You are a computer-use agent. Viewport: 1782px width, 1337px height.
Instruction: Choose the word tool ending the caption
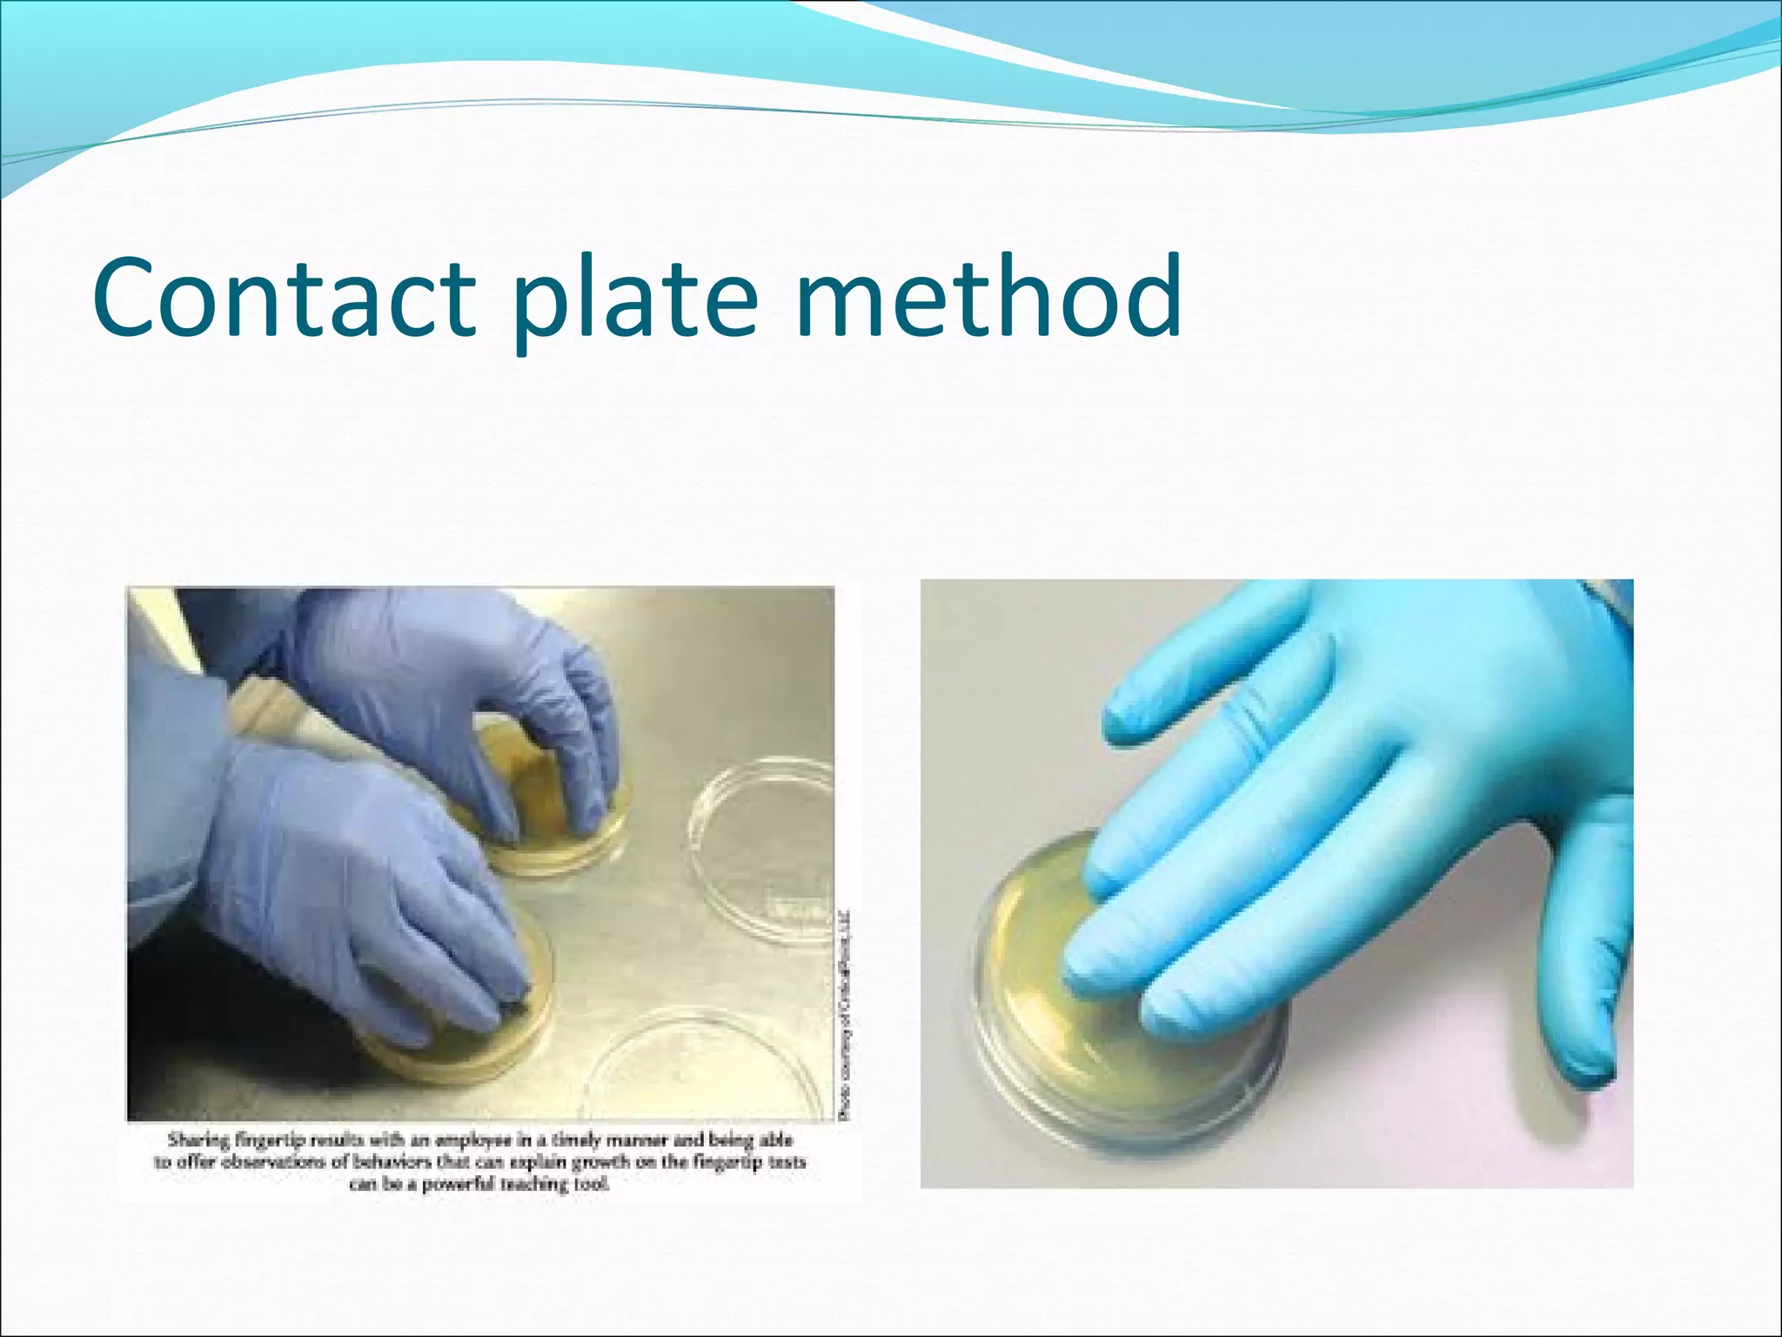(593, 1184)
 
